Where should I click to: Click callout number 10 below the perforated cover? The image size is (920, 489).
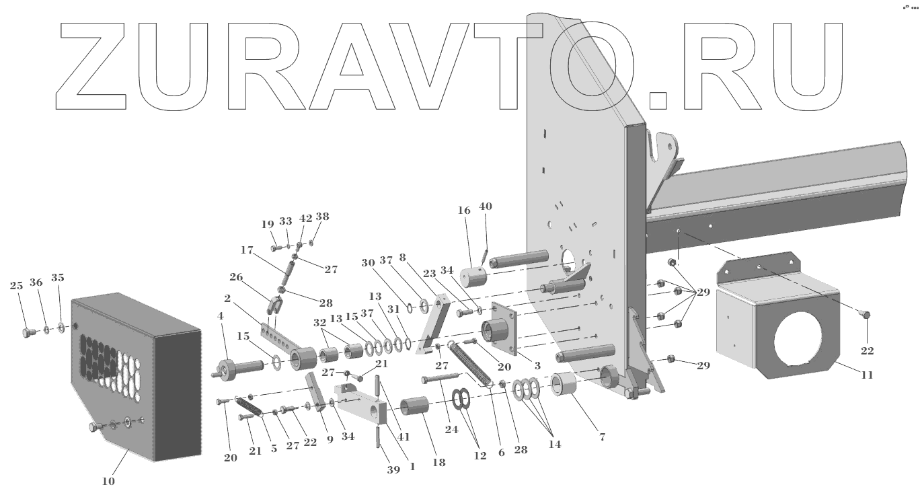[x=107, y=480]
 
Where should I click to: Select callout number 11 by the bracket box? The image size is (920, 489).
[x=867, y=375]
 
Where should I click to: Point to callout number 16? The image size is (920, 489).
[x=464, y=211]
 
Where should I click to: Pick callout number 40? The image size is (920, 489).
[x=486, y=206]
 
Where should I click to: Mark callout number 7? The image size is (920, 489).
[x=602, y=437]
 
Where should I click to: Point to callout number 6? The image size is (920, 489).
[x=501, y=453]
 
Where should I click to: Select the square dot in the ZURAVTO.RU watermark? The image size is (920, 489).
[x=659, y=100]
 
